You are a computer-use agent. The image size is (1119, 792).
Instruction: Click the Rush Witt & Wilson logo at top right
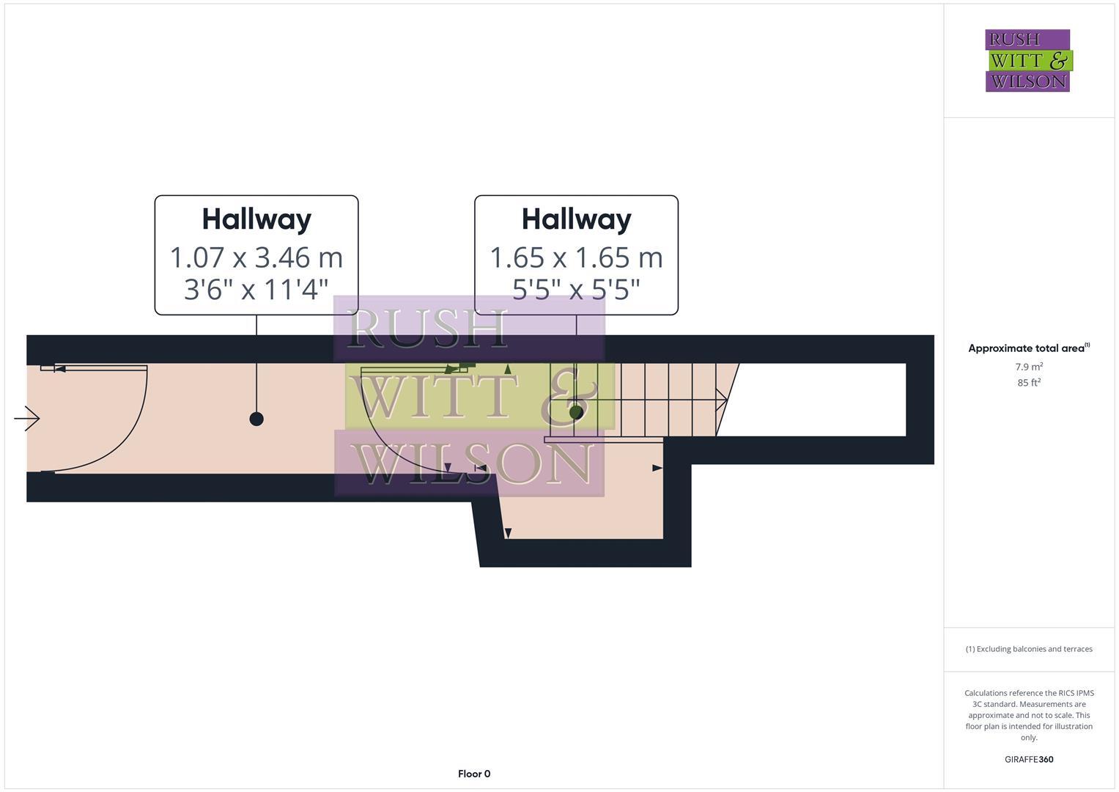[1027, 61]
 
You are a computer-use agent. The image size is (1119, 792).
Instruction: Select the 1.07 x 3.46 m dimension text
[256, 257]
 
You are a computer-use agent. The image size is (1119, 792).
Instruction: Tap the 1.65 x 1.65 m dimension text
[576, 257]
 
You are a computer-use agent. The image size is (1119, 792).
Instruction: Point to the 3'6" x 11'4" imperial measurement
[256, 290]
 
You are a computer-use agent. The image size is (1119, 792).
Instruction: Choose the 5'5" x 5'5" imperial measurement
[576, 290]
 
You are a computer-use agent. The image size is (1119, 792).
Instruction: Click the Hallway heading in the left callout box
[256, 219]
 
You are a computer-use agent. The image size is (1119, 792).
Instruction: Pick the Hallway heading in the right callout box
[576, 219]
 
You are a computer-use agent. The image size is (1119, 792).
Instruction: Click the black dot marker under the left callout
[256, 419]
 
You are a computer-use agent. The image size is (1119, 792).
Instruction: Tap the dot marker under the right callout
[576, 412]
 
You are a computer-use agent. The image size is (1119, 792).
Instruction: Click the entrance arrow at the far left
[27, 419]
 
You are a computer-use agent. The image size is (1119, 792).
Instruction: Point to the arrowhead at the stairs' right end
[722, 400]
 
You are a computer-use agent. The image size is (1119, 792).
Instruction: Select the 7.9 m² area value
[1029, 367]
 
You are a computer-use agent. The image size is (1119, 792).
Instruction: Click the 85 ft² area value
[1029, 383]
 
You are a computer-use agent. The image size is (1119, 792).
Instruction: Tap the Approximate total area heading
[1028, 348]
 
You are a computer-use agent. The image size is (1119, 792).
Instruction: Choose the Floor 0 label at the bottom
[474, 774]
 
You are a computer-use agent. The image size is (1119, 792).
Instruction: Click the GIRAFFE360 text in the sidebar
[1029, 760]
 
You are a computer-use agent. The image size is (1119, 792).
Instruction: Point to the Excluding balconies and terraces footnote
[1029, 649]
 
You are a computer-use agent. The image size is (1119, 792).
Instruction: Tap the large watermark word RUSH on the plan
[429, 330]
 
